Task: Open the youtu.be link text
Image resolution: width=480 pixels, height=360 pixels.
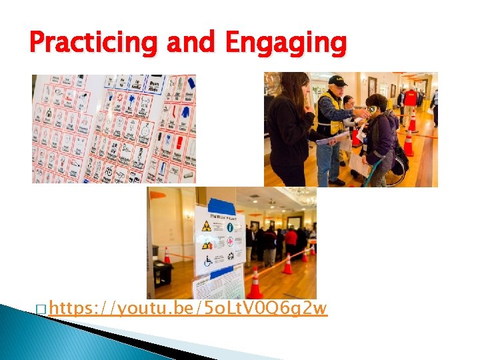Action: pos(189,308)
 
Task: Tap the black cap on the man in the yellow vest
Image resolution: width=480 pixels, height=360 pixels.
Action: pos(338,81)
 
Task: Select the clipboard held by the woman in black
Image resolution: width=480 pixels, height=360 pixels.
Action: pos(332,139)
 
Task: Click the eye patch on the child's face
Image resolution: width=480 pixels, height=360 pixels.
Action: pos(371,109)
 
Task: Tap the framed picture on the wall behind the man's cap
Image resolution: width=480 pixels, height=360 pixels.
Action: pos(372,86)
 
